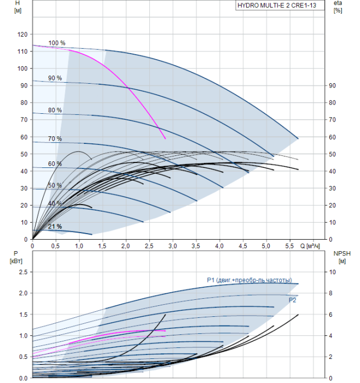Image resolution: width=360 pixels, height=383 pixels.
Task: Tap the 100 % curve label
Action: click(x=56, y=43)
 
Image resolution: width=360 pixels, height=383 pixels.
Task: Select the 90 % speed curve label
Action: click(x=55, y=78)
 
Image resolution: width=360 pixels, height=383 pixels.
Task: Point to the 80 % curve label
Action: click(x=55, y=110)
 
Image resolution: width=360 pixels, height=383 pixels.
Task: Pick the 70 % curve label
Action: click(x=55, y=139)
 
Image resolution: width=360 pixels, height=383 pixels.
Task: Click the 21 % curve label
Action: click(x=55, y=227)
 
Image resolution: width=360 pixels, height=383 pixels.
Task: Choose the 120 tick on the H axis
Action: click(x=22, y=34)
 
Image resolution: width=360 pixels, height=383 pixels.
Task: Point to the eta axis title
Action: click(x=338, y=3)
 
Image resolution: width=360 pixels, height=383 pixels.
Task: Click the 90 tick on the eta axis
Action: click(x=332, y=86)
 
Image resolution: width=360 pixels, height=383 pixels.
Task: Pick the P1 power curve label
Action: click(x=249, y=280)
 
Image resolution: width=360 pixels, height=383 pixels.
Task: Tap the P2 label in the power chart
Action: click(x=293, y=300)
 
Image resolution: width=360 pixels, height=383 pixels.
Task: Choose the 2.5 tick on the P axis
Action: click(x=22, y=272)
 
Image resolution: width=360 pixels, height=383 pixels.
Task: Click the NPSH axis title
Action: click(x=340, y=253)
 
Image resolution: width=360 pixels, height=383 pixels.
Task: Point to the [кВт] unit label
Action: click(x=15, y=261)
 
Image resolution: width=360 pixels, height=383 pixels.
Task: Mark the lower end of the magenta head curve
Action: click(x=165, y=139)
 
